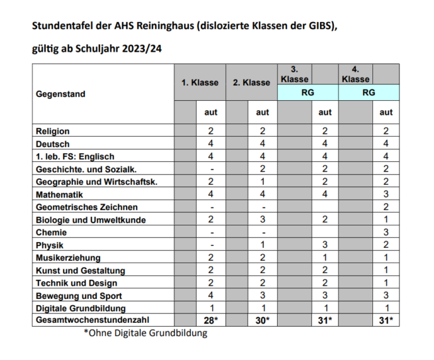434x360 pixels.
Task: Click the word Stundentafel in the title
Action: [61, 26]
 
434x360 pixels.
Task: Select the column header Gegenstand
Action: [60, 94]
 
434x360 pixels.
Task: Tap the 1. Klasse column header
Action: [200, 83]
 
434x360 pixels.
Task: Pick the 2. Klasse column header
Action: [252, 83]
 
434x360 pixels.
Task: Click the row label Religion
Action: [52, 131]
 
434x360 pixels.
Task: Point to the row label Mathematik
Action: [59, 195]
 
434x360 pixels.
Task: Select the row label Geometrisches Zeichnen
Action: [87, 208]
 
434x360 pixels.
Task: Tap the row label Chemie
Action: [51, 233]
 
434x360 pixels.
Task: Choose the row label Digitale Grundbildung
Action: [80, 308]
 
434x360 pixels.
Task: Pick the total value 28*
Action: [211, 321]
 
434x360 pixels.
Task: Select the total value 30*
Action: [262, 321]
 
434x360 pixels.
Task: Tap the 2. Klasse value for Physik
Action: [262, 245]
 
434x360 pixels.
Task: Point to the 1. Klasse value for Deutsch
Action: [211, 144]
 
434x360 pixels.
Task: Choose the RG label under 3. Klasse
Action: [307, 93]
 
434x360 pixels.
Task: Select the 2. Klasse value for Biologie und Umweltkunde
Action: [262, 220]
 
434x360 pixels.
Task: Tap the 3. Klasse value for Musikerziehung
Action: [325, 258]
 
